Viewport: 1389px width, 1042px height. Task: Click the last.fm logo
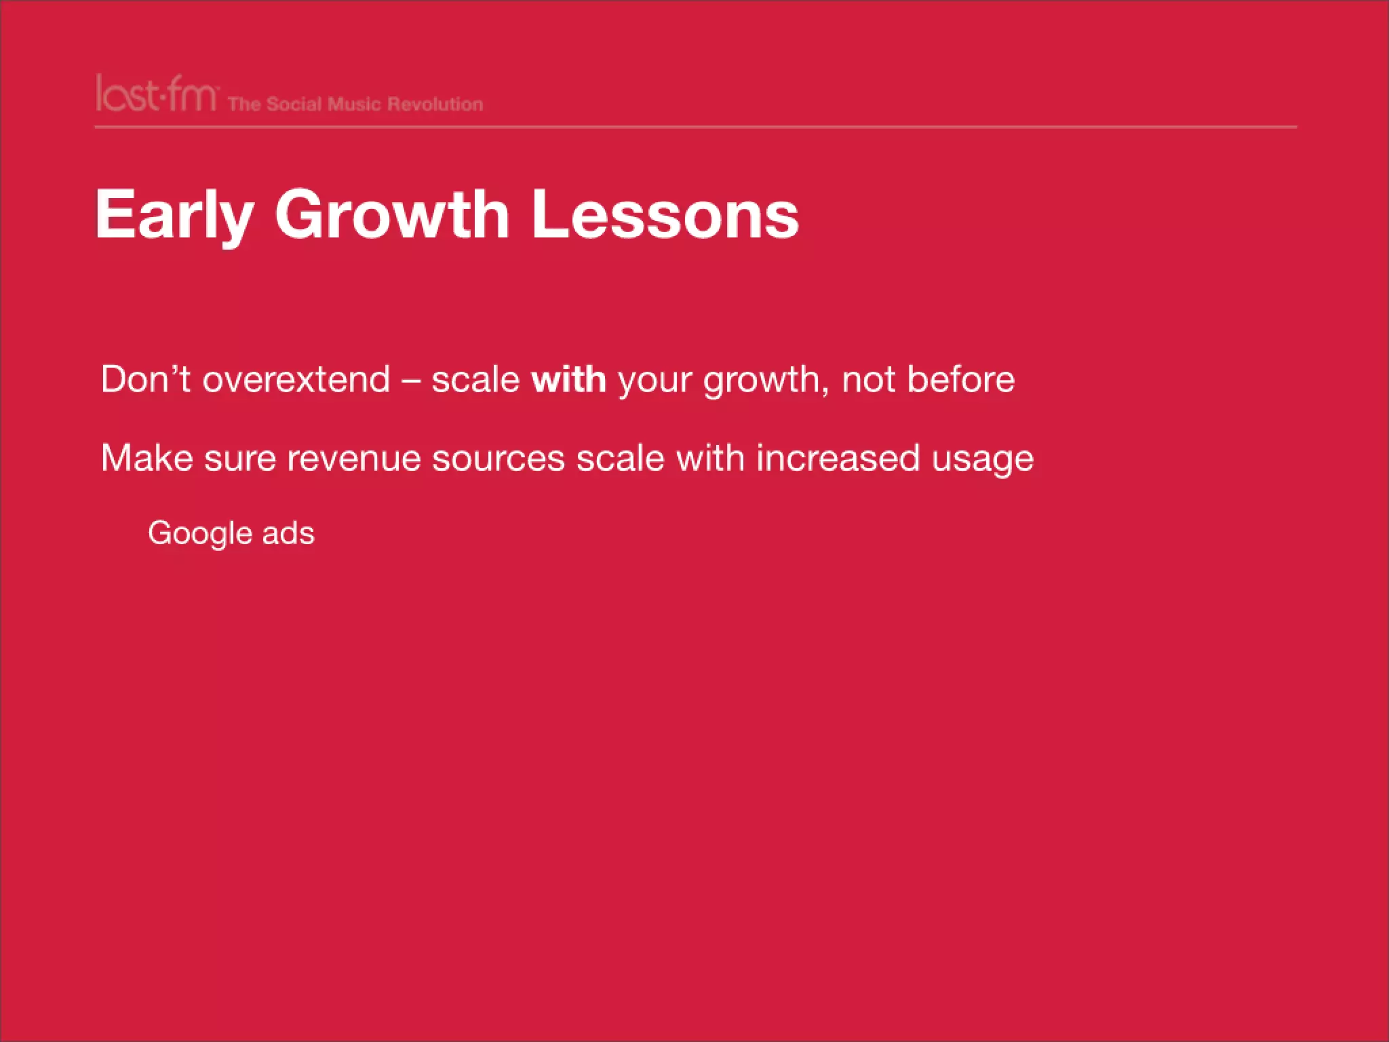156,95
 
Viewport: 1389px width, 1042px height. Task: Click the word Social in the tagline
294,104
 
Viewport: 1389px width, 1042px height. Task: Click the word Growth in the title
391,215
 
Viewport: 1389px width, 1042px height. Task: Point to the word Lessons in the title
665,215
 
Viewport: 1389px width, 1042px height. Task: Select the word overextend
296,379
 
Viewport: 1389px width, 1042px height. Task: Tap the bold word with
568,379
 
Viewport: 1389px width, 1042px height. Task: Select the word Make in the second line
147,458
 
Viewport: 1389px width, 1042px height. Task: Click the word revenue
354,459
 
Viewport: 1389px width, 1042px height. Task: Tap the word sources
498,459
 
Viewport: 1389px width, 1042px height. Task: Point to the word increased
838,458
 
